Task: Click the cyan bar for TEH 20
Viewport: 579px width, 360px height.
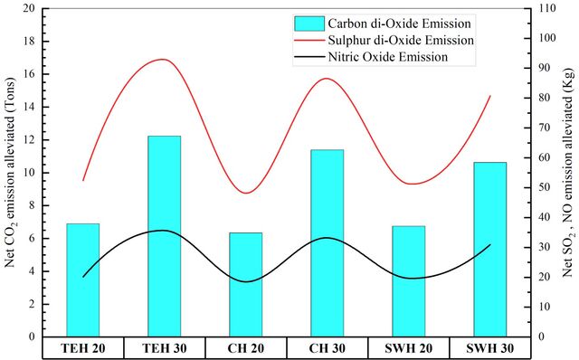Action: pyautogui.click(x=83, y=280)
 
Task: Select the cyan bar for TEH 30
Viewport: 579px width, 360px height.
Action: pyautogui.click(x=165, y=236)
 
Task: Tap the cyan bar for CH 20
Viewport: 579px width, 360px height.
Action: pyautogui.click(x=246, y=285)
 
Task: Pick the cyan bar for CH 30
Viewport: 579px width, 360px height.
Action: pyautogui.click(x=327, y=243)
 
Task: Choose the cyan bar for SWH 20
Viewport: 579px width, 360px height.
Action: pyautogui.click(x=409, y=281)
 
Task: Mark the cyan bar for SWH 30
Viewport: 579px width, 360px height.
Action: pyautogui.click(x=490, y=250)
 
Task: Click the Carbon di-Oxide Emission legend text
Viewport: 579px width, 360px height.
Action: pyautogui.click(x=400, y=24)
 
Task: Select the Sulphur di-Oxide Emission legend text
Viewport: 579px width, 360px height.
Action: pyautogui.click(x=401, y=40)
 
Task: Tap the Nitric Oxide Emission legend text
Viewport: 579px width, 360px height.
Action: pyautogui.click(x=388, y=57)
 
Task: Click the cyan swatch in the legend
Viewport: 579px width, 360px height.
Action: pyautogui.click(x=309, y=24)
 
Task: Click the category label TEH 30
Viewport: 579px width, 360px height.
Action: pyautogui.click(x=165, y=348)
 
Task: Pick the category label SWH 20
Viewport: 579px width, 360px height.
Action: pyautogui.click(x=409, y=348)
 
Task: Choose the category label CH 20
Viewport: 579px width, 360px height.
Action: pyautogui.click(x=246, y=348)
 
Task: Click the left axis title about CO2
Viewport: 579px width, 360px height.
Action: pyautogui.click(x=10, y=173)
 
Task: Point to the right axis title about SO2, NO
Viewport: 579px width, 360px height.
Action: pyautogui.click(x=569, y=173)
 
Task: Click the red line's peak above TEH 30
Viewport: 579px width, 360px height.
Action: pyautogui.click(x=163, y=59)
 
